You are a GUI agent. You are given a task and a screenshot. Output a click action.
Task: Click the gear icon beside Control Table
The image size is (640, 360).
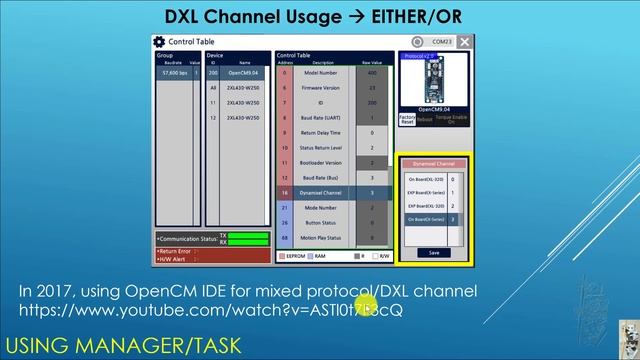(159, 42)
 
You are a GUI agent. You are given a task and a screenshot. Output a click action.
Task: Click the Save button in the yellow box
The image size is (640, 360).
(433, 253)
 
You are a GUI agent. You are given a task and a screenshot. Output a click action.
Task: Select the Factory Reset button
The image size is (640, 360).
(407, 118)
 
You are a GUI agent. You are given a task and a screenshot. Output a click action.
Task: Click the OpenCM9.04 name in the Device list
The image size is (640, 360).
(243, 73)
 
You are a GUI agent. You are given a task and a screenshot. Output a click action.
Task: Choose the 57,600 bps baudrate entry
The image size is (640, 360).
(176, 73)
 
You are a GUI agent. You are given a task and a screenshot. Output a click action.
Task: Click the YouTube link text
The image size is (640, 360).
(210, 310)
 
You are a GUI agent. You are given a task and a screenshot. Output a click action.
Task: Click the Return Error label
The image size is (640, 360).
(176, 251)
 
